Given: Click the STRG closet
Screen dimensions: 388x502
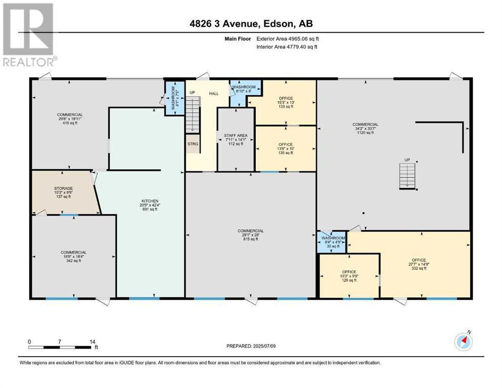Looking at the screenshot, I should (x=193, y=144).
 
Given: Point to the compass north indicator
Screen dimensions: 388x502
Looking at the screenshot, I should (x=463, y=342).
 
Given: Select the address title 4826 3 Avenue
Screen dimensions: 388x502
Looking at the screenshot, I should (x=250, y=24).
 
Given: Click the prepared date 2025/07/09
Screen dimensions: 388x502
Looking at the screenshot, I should (x=251, y=346).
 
